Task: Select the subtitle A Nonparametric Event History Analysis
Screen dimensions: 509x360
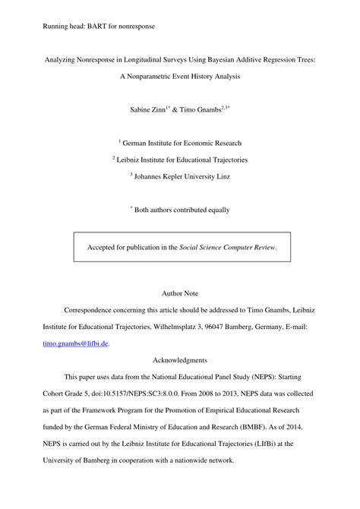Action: (x=179, y=77)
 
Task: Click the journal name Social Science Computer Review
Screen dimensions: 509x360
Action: (x=227, y=247)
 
